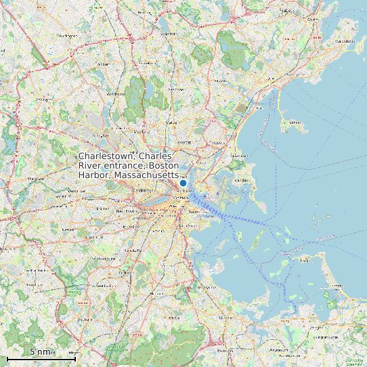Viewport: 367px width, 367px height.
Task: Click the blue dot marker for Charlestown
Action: click(x=183, y=183)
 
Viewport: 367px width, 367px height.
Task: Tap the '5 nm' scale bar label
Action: click(x=41, y=352)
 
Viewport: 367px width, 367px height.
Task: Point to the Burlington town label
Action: click(x=68, y=35)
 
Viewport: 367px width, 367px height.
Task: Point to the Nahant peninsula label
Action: click(x=294, y=123)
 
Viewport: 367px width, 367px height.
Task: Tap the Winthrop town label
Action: click(x=242, y=181)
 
